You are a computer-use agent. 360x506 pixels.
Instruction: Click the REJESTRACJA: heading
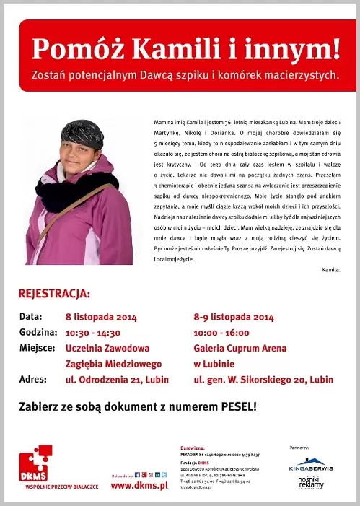pyautogui.click(x=54, y=294)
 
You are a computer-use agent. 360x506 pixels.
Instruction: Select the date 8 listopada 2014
pyautogui.click(x=101, y=317)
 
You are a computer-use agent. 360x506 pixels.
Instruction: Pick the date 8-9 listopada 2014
pyautogui.click(x=234, y=317)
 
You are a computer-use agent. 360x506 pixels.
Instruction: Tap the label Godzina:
pyautogui.click(x=38, y=333)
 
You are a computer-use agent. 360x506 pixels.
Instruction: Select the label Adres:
pyautogui.click(x=32, y=379)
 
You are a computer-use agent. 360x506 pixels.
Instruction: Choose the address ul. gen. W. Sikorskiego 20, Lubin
pyautogui.click(x=263, y=379)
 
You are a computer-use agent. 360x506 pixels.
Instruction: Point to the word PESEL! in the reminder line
pyautogui.click(x=233, y=406)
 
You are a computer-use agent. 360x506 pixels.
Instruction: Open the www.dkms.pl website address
pyautogui.click(x=139, y=486)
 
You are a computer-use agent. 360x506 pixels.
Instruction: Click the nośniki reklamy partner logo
pyautogui.click(x=312, y=482)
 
